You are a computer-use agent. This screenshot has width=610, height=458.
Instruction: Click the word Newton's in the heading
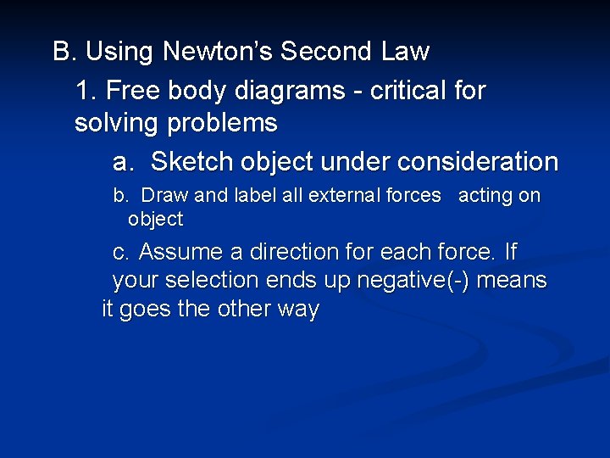(217, 53)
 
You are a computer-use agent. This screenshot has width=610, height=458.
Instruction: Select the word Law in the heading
(405, 53)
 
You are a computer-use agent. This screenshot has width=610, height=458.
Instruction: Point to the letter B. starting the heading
(65, 53)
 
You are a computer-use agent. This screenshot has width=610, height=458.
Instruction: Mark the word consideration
(480, 161)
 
